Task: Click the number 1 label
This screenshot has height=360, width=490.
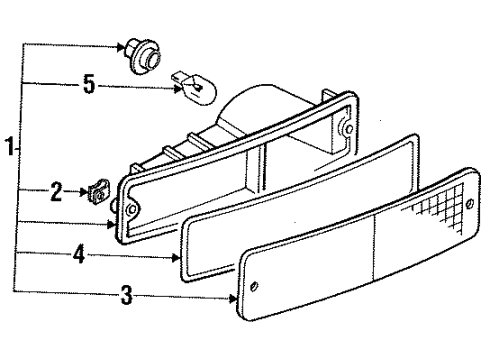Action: [x=9, y=149]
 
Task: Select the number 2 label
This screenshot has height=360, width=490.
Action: [x=56, y=188]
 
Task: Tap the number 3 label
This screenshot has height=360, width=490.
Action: [x=125, y=295]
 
